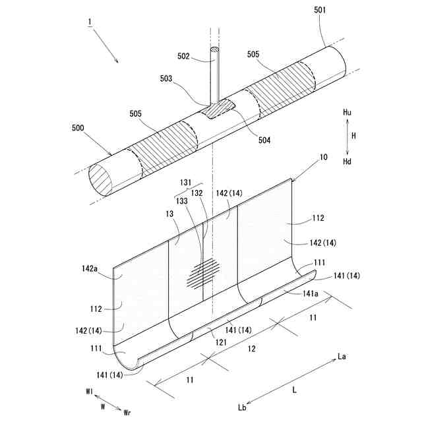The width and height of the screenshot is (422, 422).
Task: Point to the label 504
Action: tap(264, 139)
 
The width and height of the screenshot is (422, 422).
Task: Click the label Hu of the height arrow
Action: tap(347, 113)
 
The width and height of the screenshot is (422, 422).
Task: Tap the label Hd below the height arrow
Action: tap(347, 162)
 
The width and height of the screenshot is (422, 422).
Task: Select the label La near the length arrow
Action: tap(342, 357)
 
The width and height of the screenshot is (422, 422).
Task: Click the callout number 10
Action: tap(322, 158)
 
